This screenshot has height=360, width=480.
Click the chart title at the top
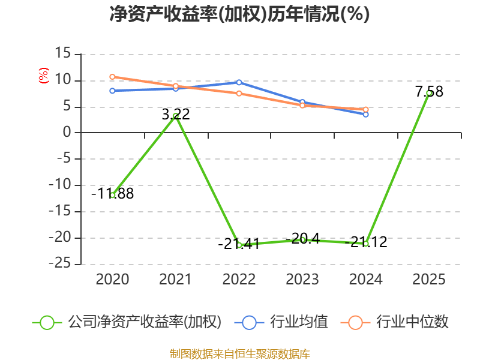click(239, 14)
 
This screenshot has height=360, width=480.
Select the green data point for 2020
click(112, 195)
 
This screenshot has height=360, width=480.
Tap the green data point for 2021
click(176, 116)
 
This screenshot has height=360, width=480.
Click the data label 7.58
click(429, 92)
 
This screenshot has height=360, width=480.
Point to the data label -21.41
click(239, 244)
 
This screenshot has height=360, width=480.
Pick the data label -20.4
click(302, 238)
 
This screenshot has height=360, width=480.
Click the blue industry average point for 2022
click(239, 82)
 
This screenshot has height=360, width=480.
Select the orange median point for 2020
click(112, 77)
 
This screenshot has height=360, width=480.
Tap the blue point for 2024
click(366, 115)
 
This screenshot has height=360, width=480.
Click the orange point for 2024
click(366, 109)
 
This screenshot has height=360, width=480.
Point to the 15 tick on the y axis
click(63, 53)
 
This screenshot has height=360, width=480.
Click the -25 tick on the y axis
click(60, 263)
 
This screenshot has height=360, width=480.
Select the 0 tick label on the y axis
click(67, 132)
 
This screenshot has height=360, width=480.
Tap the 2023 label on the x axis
click(302, 280)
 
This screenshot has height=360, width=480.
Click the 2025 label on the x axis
click(429, 280)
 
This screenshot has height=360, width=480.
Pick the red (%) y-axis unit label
click(44, 76)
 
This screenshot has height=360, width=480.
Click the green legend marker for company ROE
click(47, 323)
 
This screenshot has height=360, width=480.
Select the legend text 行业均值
click(299, 322)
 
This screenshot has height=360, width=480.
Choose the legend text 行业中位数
click(412, 322)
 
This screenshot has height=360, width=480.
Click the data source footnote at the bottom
click(240, 354)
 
